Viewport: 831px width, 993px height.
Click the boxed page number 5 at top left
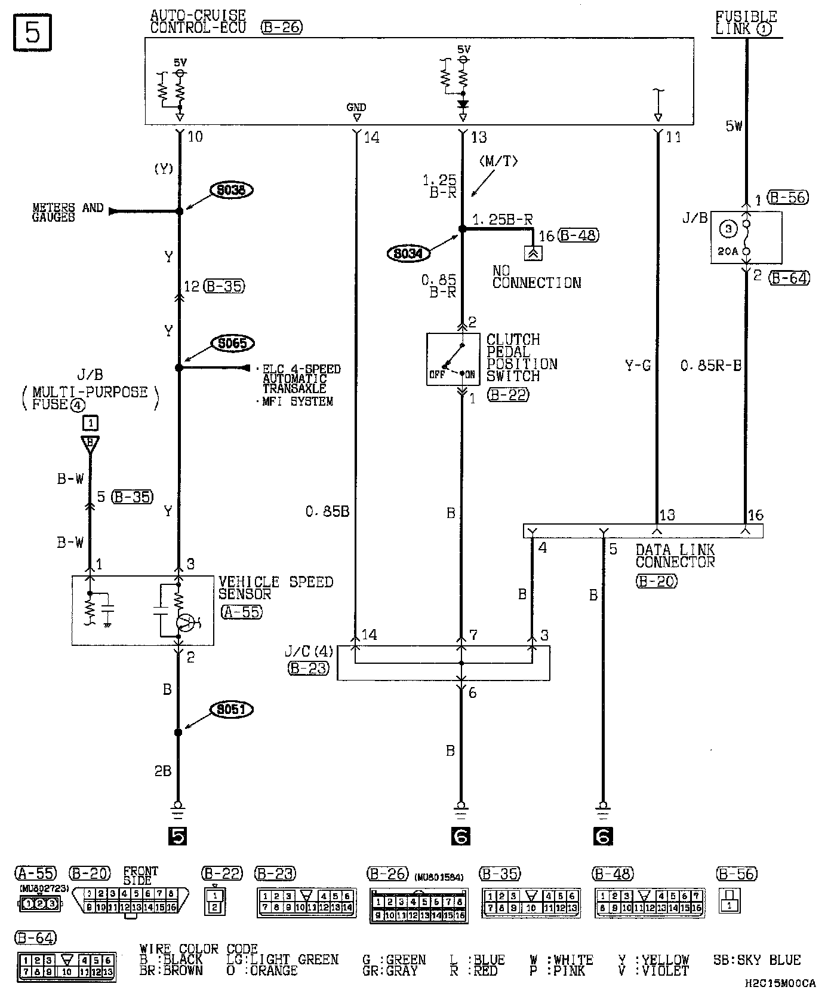[32, 32]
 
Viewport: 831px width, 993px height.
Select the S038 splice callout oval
[231, 190]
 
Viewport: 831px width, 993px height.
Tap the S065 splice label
[232, 344]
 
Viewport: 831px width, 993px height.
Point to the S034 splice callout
[409, 254]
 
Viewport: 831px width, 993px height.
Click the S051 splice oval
[231, 709]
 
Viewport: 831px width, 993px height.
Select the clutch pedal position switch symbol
[453, 359]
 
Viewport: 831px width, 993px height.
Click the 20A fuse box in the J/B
[746, 237]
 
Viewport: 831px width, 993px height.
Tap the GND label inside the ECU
[356, 108]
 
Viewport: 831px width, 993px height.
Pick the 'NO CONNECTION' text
[536, 277]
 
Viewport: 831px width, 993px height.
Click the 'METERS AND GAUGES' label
[67, 212]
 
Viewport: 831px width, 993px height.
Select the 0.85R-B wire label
[710, 365]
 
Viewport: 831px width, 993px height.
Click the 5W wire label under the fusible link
[734, 125]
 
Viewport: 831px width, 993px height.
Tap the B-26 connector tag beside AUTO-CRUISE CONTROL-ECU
[282, 27]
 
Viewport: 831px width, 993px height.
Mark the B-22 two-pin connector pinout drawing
[216, 901]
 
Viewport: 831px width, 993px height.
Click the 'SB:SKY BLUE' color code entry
[756, 960]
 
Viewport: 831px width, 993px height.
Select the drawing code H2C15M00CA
[780, 983]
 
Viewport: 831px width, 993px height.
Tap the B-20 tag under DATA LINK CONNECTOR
[656, 580]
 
